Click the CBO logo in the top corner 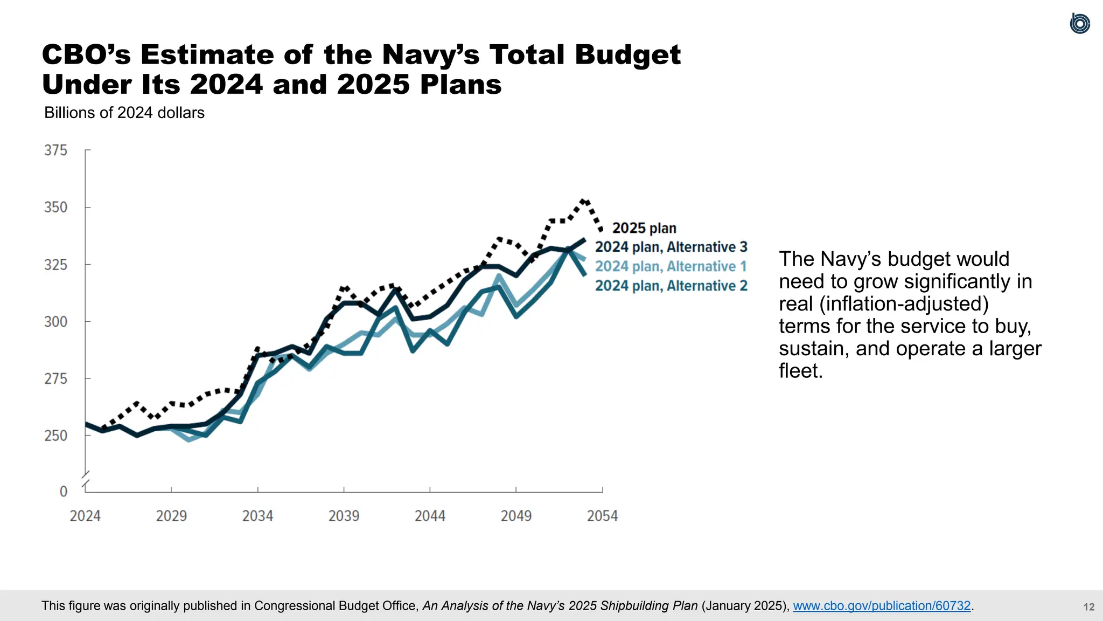click(1079, 24)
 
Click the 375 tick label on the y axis click(56, 150)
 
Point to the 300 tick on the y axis click(56, 322)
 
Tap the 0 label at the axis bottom click(64, 492)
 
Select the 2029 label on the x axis click(171, 516)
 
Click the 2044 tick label click(430, 516)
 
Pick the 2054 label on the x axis click(602, 516)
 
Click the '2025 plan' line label click(644, 228)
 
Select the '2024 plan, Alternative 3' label click(671, 247)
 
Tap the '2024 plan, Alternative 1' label click(671, 266)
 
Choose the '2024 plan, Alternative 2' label click(671, 286)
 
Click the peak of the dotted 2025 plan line click(583, 201)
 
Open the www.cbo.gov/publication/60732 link click(882, 606)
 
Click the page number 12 click(1088, 607)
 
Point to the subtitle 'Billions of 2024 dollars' click(124, 113)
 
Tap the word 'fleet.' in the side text click(801, 371)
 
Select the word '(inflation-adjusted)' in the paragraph click(883, 304)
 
